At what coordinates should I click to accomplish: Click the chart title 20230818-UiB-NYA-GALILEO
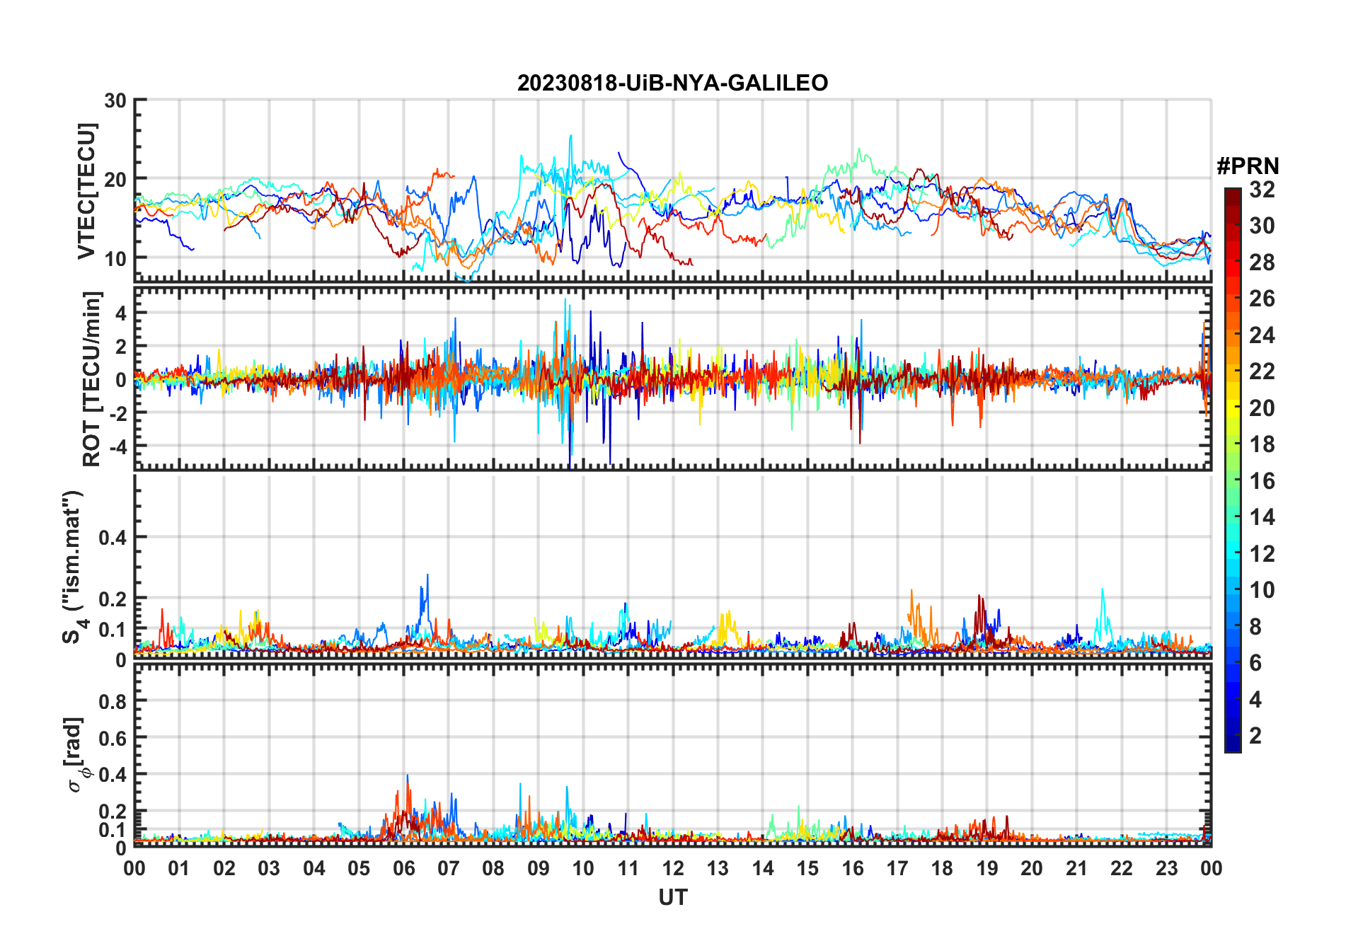672,83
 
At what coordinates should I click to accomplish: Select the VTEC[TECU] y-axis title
86,191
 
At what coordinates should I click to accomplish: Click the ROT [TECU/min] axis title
92,379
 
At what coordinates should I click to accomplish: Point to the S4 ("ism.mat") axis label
74,566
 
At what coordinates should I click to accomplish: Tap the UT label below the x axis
672,897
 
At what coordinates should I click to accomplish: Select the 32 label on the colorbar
1262,190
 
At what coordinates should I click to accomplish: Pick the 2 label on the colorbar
1255,736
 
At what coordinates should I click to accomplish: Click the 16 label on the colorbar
1262,481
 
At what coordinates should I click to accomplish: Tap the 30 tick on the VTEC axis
115,100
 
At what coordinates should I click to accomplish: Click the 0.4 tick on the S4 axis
113,537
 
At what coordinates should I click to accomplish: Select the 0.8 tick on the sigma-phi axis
113,701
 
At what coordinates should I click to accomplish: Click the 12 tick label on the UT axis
672,868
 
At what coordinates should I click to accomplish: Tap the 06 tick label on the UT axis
403,868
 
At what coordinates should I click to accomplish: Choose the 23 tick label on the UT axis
1166,868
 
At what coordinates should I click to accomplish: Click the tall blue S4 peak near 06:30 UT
427,576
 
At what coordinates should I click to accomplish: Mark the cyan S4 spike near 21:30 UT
1102,589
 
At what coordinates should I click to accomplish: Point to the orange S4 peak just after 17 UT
911,591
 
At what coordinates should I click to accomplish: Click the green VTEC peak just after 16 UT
859,149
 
